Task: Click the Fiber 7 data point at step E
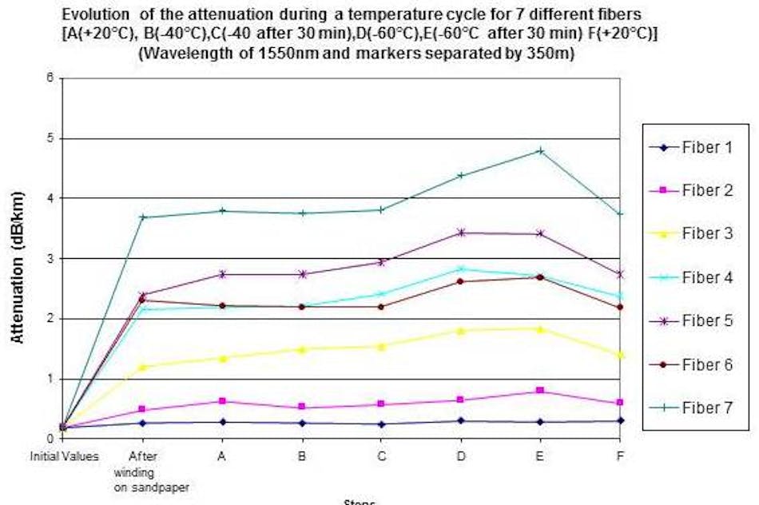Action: coord(540,150)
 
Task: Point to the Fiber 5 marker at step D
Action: coord(460,233)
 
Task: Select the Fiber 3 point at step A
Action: coord(222,359)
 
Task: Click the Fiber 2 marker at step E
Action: coord(540,390)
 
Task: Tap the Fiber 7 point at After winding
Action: coord(142,217)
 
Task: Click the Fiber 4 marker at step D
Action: coord(460,269)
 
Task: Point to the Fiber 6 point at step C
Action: coord(381,307)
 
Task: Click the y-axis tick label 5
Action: coord(50,138)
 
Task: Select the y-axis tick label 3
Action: coord(50,258)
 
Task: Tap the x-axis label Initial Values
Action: coord(63,455)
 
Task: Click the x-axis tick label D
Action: coord(460,455)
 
